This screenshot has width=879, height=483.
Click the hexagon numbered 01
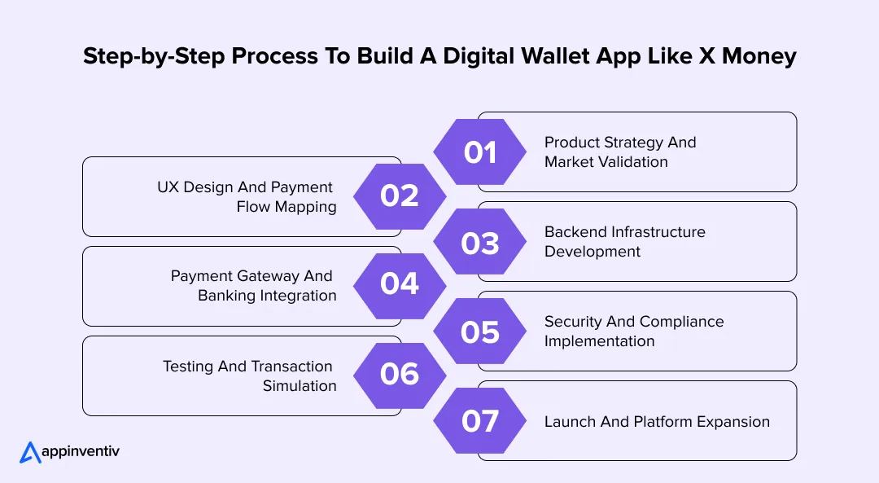(479, 152)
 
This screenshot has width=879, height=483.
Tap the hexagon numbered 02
(400, 196)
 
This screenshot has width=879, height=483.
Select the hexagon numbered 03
(479, 242)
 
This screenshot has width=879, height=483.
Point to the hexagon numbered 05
(479, 332)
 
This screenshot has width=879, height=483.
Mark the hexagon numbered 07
(479, 421)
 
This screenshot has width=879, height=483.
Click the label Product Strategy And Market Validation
(620, 152)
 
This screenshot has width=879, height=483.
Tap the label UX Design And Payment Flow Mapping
(246, 197)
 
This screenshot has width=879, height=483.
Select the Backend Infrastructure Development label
(624, 242)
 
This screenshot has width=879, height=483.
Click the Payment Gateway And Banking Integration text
(253, 286)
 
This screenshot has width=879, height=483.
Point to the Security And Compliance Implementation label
(633, 332)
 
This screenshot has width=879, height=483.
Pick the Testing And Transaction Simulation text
(249, 375)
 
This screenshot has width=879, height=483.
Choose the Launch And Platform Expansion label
(657, 422)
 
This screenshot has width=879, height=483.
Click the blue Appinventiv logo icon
(30, 453)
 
